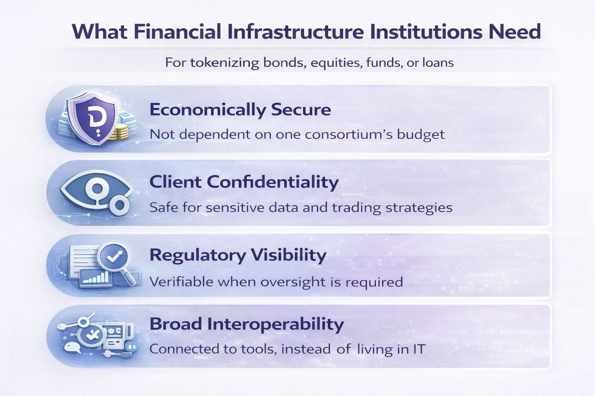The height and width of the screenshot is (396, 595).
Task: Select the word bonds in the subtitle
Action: click(284, 62)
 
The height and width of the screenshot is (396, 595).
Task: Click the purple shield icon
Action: click(92, 119)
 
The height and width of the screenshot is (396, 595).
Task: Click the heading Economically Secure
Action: click(240, 109)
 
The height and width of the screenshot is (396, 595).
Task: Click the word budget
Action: click(421, 135)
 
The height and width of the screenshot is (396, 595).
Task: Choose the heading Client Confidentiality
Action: click(244, 182)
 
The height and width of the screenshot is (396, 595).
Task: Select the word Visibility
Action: click(289, 255)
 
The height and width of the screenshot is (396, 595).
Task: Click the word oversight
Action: click(293, 282)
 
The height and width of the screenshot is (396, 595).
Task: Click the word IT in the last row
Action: click(419, 349)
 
